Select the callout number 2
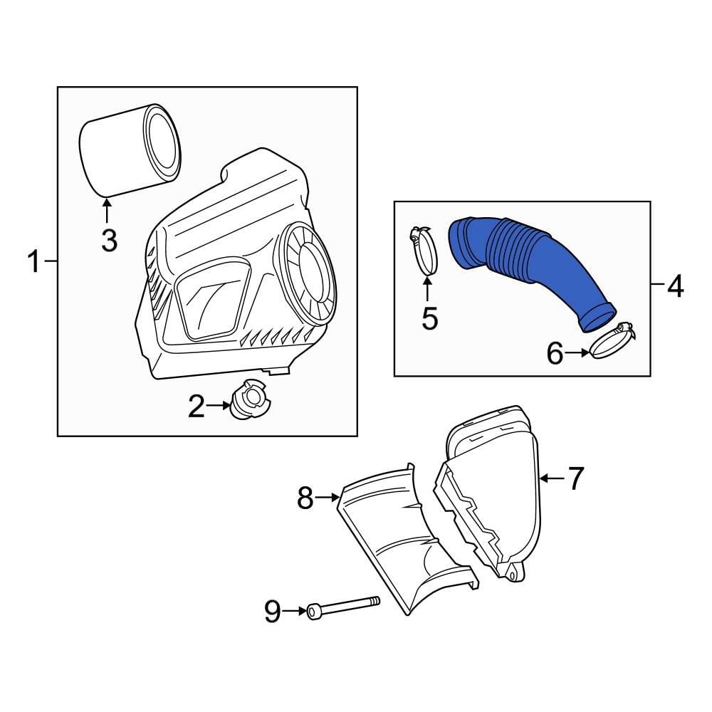196,407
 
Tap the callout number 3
108,240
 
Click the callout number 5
429,318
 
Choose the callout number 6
555,352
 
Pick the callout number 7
575,478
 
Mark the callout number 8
305,498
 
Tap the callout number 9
273,611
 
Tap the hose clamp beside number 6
612,342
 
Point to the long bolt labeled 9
345,607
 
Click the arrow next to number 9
293,611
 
